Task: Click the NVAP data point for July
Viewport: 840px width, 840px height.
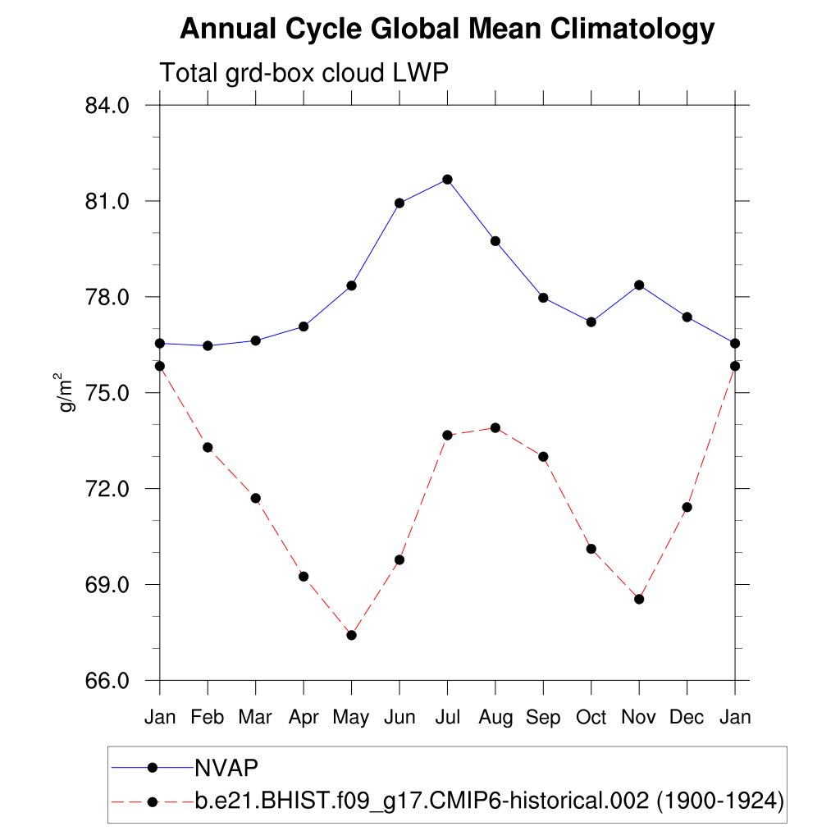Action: click(x=447, y=180)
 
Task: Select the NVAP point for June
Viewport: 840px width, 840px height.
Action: click(x=399, y=203)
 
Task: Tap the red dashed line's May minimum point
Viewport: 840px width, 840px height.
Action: click(x=352, y=635)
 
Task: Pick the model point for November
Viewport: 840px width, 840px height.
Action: click(x=639, y=599)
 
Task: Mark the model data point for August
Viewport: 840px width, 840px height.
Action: click(x=495, y=427)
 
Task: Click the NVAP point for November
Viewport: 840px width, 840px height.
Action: click(x=639, y=285)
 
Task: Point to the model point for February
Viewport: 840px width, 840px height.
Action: click(x=208, y=447)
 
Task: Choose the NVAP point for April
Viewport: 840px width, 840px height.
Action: click(x=304, y=326)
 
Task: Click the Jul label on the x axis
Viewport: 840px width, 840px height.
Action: click(x=447, y=718)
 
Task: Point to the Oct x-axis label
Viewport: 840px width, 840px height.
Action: click(x=591, y=718)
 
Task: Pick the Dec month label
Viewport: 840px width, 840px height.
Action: click(x=687, y=718)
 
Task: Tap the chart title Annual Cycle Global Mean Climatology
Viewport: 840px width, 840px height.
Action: click(x=447, y=30)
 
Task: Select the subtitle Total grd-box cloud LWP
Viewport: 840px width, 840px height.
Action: click(x=304, y=73)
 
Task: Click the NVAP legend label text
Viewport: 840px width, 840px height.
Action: click(x=226, y=768)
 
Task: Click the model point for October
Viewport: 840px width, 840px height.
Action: click(x=591, y=549)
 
